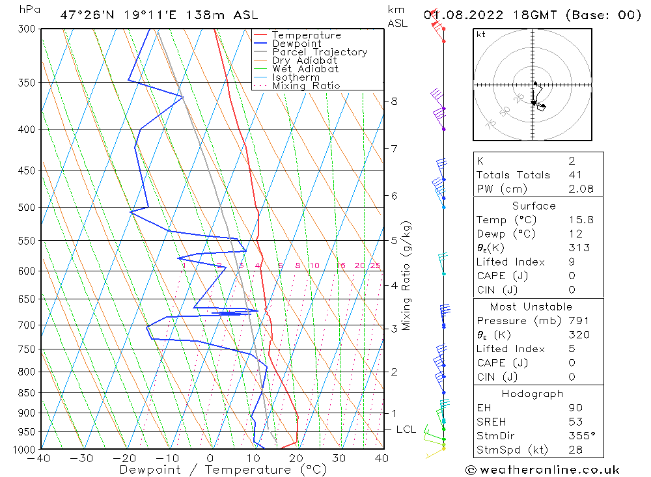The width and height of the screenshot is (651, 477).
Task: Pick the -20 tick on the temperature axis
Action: tap(124, 458)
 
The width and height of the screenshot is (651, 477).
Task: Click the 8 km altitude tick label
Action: tap(394, 102)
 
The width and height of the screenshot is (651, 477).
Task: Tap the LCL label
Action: tap(406, 429)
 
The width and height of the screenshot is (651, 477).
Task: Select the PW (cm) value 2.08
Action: tap(581, 189)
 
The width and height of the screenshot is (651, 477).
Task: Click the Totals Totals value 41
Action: tap(575, 175)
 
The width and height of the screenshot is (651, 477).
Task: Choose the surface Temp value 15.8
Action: tap(581, 219)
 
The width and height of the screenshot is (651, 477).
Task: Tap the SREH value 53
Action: tap(575, 422)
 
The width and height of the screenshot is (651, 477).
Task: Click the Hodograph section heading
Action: tap(533, 394)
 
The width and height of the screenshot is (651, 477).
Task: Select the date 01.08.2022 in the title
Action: tap(464, 15)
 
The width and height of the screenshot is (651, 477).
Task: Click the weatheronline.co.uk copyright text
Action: tap(543, 470)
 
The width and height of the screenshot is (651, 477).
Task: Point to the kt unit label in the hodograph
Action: tap(481, 34)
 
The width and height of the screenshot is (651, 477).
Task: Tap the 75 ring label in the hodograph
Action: tap(491, 124)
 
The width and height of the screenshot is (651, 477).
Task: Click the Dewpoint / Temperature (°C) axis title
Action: tap(223, 470)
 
